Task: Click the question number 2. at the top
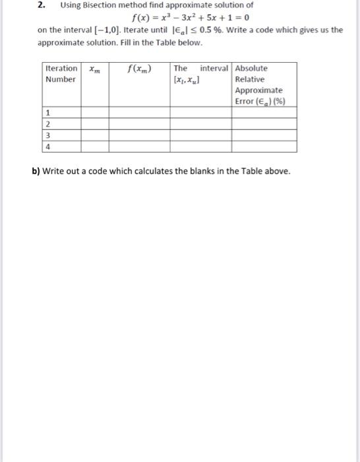pyautogui.click(x=40, y=5)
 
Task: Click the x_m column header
pyautogui.click(x=94, y=69)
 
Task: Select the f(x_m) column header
pyautogui.click(x=139, y=69)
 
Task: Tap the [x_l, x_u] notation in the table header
pyautogui.click(x=186, y=79)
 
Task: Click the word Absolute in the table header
pyautogui.click(x=251, y=68)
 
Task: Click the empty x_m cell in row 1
pyautogui.click(x=94, y=113)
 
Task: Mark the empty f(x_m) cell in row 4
pyautogui.click(x=139, y=147)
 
